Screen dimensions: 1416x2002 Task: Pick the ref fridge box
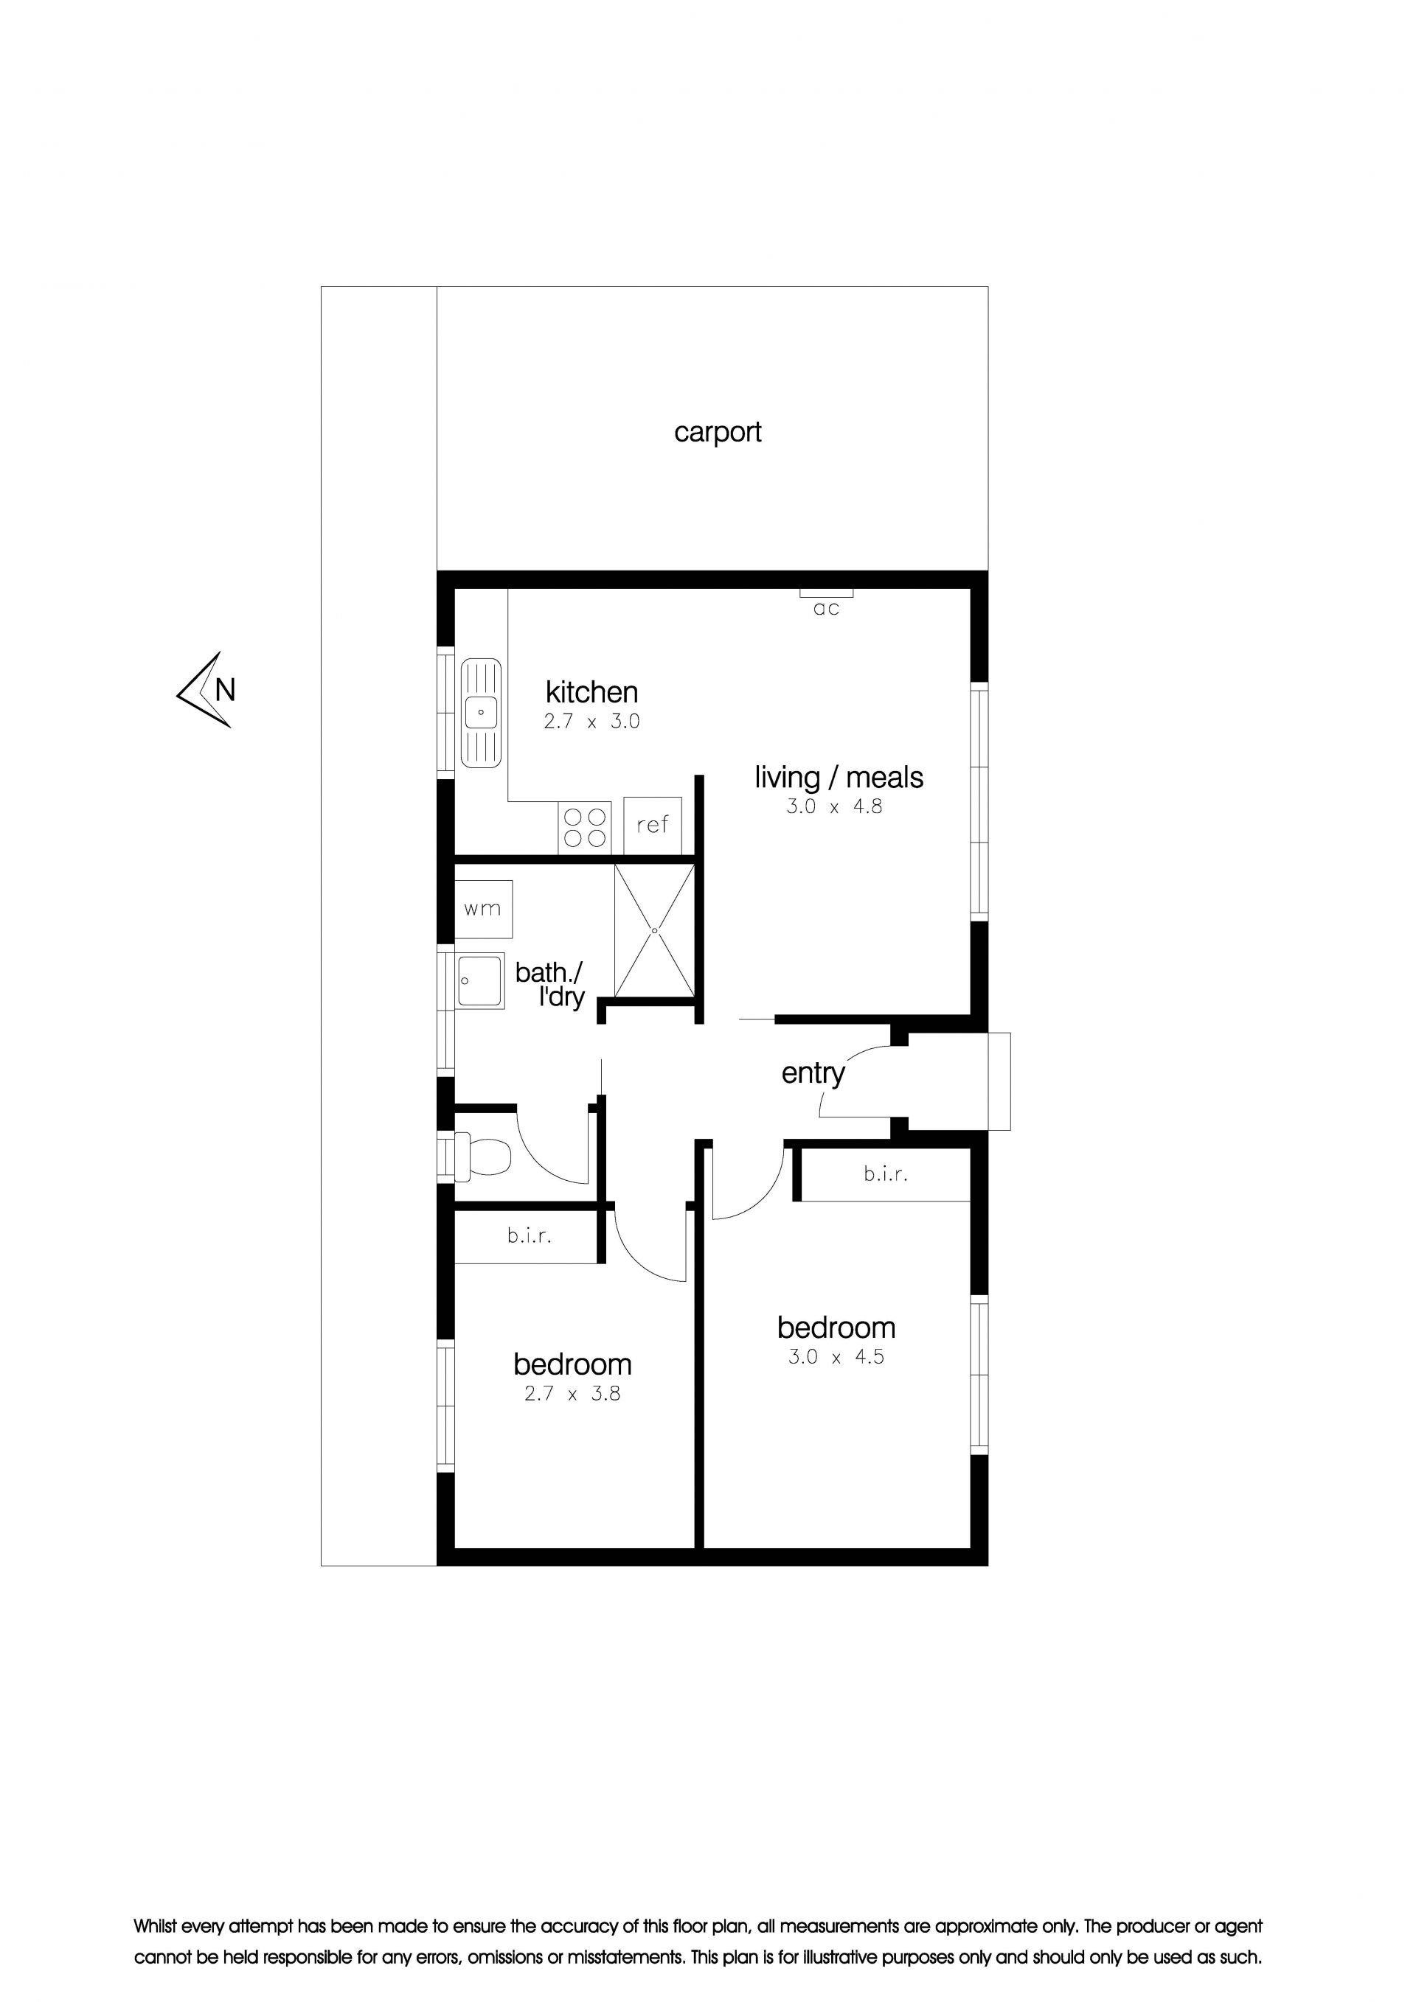[x=653, y=824]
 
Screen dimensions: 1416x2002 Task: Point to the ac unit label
[x=826, y=609]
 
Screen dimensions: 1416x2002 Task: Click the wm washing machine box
[x=482, y=909]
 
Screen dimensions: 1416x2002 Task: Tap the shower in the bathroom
[x=654, y=930]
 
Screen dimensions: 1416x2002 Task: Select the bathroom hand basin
[x=481, y=981]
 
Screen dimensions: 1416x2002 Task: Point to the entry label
[x=813, y=1073]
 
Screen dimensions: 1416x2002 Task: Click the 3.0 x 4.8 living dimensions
[x=834, y=806]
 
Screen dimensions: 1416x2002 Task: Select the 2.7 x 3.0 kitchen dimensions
[x=591, y=721]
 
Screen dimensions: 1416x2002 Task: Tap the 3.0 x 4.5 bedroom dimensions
[x=836, y=1357]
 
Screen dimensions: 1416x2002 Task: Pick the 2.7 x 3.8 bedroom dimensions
[x=572, y=1393]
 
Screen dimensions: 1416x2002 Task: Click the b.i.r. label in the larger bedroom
[x=886, y=1173]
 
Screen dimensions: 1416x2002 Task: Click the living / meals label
[x=839, y=777]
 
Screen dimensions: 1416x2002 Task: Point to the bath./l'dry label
[x=549, y=985]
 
